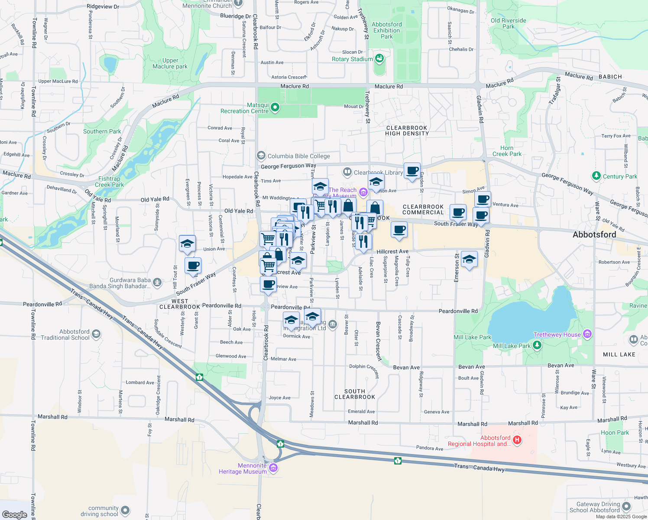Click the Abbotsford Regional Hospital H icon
[517, 440]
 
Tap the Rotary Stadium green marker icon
[379, 58]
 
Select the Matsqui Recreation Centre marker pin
[275, 107]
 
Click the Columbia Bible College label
[298, 156]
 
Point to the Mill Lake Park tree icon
[537, 345]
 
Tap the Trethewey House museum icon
[587, 334]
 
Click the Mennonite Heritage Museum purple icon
[273, 468]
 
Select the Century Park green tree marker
[596, 175]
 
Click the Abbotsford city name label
[594, 234]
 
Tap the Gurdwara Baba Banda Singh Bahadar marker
[157, 283]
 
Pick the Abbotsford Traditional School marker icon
[96, 334]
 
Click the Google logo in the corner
[14, 514]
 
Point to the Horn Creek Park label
[507, 151]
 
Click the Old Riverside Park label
[508, 23]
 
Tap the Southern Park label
[102, 131]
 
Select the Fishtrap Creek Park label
[109, 182]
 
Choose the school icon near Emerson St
[469, 260]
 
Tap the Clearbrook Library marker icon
[347, 172]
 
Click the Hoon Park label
[615, 432]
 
